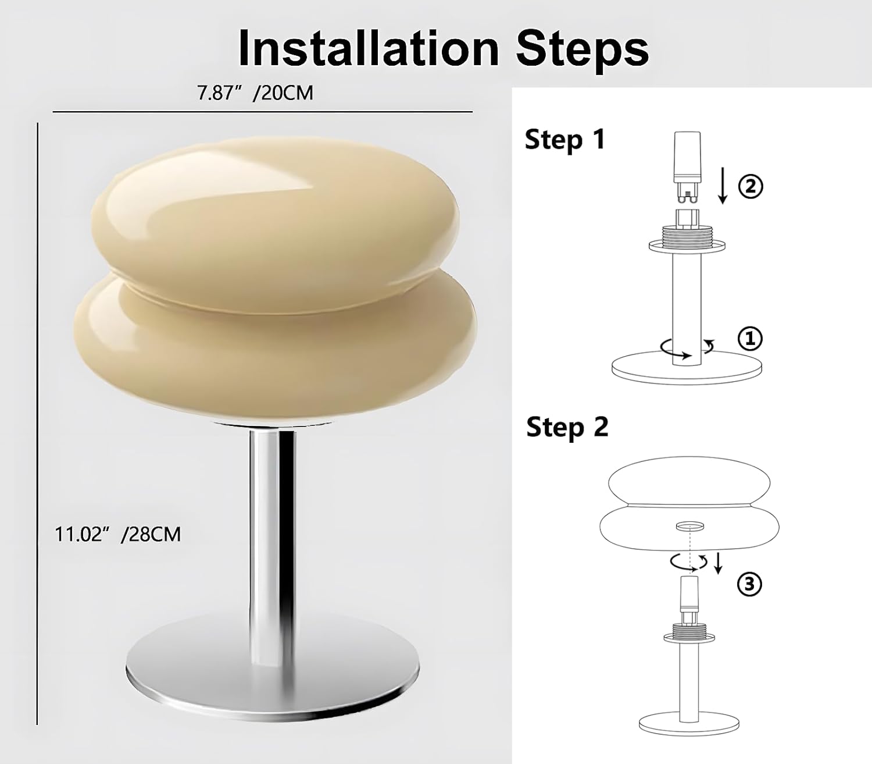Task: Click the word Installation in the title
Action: (369, 47)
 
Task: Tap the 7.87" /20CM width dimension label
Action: (255, 93)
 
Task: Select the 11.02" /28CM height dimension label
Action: (118, 534)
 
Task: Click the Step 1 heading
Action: (564, 140)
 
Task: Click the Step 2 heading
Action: (567, 428)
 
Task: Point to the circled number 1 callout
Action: (750, 339)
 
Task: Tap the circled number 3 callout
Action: (749, 584)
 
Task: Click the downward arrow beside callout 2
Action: (723, 186)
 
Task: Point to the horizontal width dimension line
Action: (263, 112)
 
